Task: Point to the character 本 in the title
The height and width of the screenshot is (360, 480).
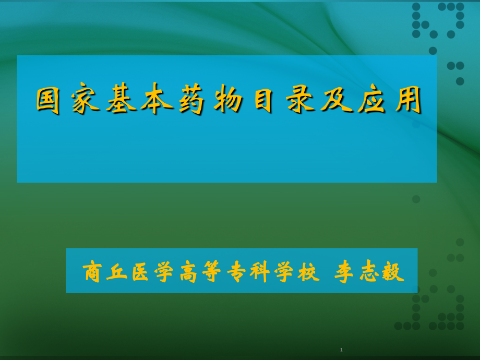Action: (x=157, y=101)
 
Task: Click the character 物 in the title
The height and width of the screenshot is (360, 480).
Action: (x=229, y=101)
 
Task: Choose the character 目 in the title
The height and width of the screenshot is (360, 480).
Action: (x=264, y=101)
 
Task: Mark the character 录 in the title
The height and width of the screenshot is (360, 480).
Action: (x=300, y=101)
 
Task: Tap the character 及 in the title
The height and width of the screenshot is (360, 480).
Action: (x=337, y=101)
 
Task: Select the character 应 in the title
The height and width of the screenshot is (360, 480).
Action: (x=372, y=101)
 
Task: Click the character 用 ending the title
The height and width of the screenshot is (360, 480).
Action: (x=408, y=101)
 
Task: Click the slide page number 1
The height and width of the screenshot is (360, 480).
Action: (x=341, y=350)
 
